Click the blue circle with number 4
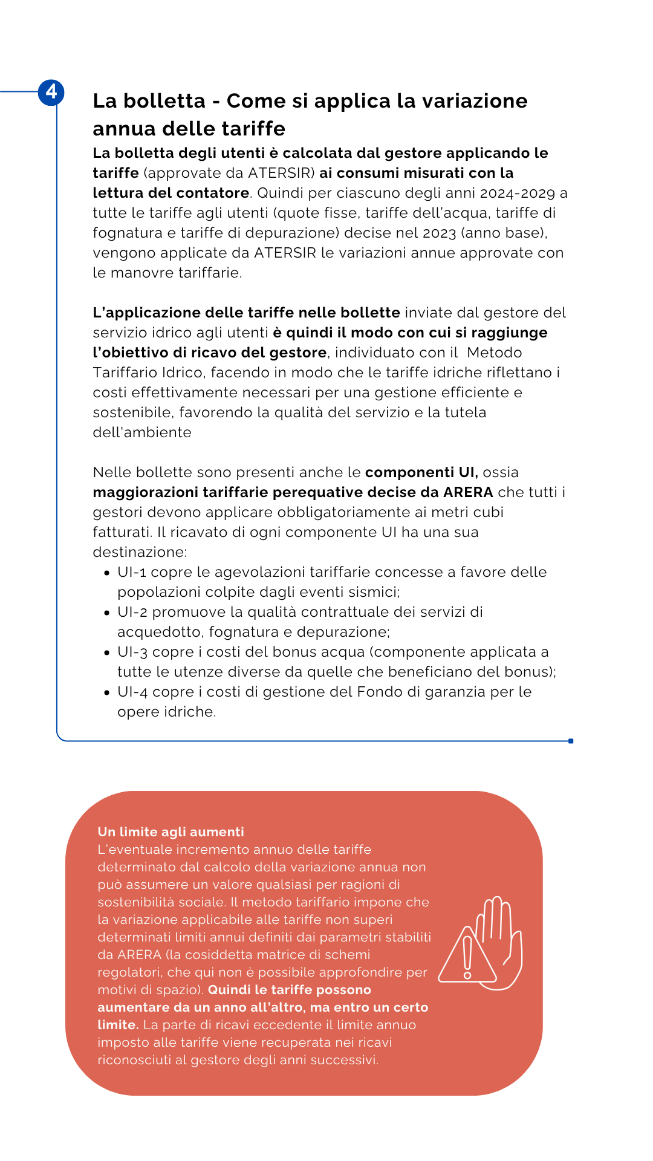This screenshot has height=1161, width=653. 51,92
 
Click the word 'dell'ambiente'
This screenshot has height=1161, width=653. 142,432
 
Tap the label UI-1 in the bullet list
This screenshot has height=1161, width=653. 132,572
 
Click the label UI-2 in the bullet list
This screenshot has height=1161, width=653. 132,612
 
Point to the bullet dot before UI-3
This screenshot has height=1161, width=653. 107,653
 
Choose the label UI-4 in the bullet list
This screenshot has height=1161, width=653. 132,692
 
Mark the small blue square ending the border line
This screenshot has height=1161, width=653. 571,741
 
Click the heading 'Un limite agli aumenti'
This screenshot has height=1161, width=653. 171,832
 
